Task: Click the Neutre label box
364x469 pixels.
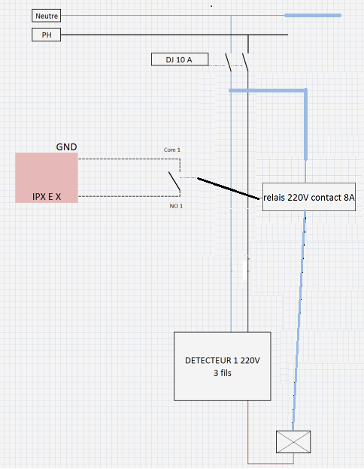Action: [47, 16]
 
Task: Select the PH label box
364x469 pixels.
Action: [47, 35]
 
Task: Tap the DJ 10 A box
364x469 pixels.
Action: [180, 59]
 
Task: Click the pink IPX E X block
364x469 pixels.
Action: [47, 177]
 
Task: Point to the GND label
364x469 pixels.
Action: [66, 147]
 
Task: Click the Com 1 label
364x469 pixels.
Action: [171, 150]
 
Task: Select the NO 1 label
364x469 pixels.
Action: [176, 206]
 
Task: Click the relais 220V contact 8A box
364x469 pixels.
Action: [309, 197]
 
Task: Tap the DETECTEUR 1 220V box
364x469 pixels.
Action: [223, 366]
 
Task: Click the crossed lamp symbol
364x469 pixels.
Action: [293, 442]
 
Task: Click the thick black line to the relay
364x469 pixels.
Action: [228, 188]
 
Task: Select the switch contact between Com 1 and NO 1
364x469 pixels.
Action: [174, 181]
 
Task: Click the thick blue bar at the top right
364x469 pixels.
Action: [313, 15]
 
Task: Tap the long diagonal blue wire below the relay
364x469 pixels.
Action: [299, 321]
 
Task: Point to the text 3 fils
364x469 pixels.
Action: [223, 373]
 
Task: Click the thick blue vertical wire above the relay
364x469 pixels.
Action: [305, 124]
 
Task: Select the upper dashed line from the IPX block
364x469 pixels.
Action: [129, 159]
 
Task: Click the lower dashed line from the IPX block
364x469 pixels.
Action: [129, 196]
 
